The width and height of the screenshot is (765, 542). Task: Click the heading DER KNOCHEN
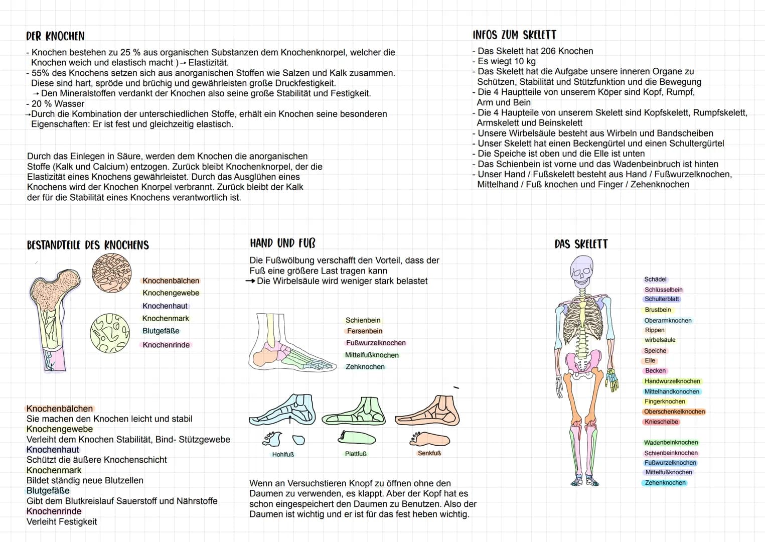coord(55,36)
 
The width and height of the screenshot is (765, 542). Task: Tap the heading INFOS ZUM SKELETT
coord(514,35)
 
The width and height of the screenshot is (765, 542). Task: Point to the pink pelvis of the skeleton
coord(582,362)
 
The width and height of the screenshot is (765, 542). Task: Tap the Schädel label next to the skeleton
coord(655,280)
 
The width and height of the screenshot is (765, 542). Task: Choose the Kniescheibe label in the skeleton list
coord(661,422)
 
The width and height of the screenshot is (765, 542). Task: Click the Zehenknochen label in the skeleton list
coord(665,483)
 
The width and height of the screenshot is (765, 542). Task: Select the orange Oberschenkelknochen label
coord(675,412)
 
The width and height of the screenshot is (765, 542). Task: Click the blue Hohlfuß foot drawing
coord(282,410)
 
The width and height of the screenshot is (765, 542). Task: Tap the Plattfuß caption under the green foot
coord(356,454)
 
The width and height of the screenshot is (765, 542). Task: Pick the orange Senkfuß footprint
coord(430,439)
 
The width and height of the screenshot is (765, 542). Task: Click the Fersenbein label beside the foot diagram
coord(364,331)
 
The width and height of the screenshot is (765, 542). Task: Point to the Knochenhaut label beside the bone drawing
coord(165,306)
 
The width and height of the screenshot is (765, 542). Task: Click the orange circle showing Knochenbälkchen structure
coord(111,273)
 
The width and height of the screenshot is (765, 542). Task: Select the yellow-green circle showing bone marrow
coord(110,333)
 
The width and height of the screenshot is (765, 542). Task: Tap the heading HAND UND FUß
coord(283,243)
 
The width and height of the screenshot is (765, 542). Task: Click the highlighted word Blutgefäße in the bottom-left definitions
coord(48,491)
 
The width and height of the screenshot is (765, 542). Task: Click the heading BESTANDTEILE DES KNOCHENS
coord(88,245)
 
